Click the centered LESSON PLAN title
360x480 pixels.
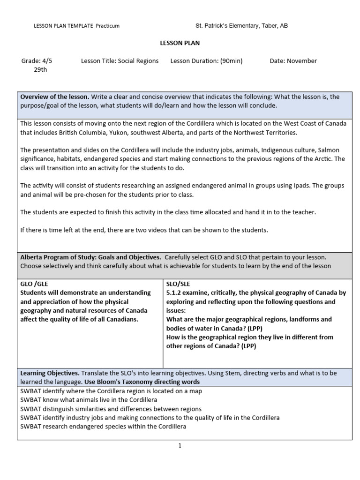[x=180, y=43]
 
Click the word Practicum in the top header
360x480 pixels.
[x=108, y=26]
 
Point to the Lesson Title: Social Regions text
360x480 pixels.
[x=120, y=61]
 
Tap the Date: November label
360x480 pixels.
[x=293, y=61]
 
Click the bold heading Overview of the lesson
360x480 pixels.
[x=54, y=97]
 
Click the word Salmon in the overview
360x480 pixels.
[x=329, y=150]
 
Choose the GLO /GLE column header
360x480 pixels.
[x=34, y=284]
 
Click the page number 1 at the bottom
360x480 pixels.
[x=180, y=446]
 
